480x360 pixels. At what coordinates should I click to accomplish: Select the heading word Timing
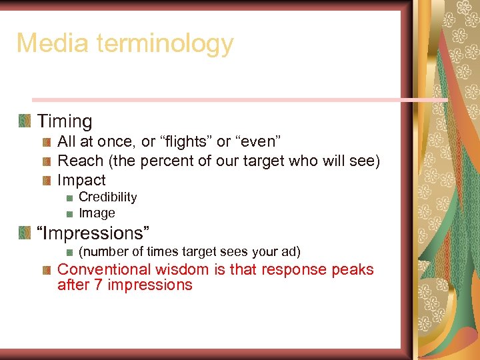pos(65,121)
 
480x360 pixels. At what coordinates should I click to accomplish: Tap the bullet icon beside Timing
pos(25,121)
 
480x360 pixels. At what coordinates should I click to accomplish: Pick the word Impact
pos(81,180)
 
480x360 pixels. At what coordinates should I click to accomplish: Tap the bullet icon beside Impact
pos(47,181)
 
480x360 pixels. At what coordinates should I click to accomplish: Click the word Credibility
pos(107,197)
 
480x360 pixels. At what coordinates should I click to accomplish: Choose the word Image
pos(97,213)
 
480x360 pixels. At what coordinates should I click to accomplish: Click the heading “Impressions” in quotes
pos(93,233)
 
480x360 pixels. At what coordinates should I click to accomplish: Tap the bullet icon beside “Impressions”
pos(25,233)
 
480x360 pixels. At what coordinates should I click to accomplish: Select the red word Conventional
pos(104,269)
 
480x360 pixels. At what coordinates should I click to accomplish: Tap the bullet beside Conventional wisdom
pos(47,270)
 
